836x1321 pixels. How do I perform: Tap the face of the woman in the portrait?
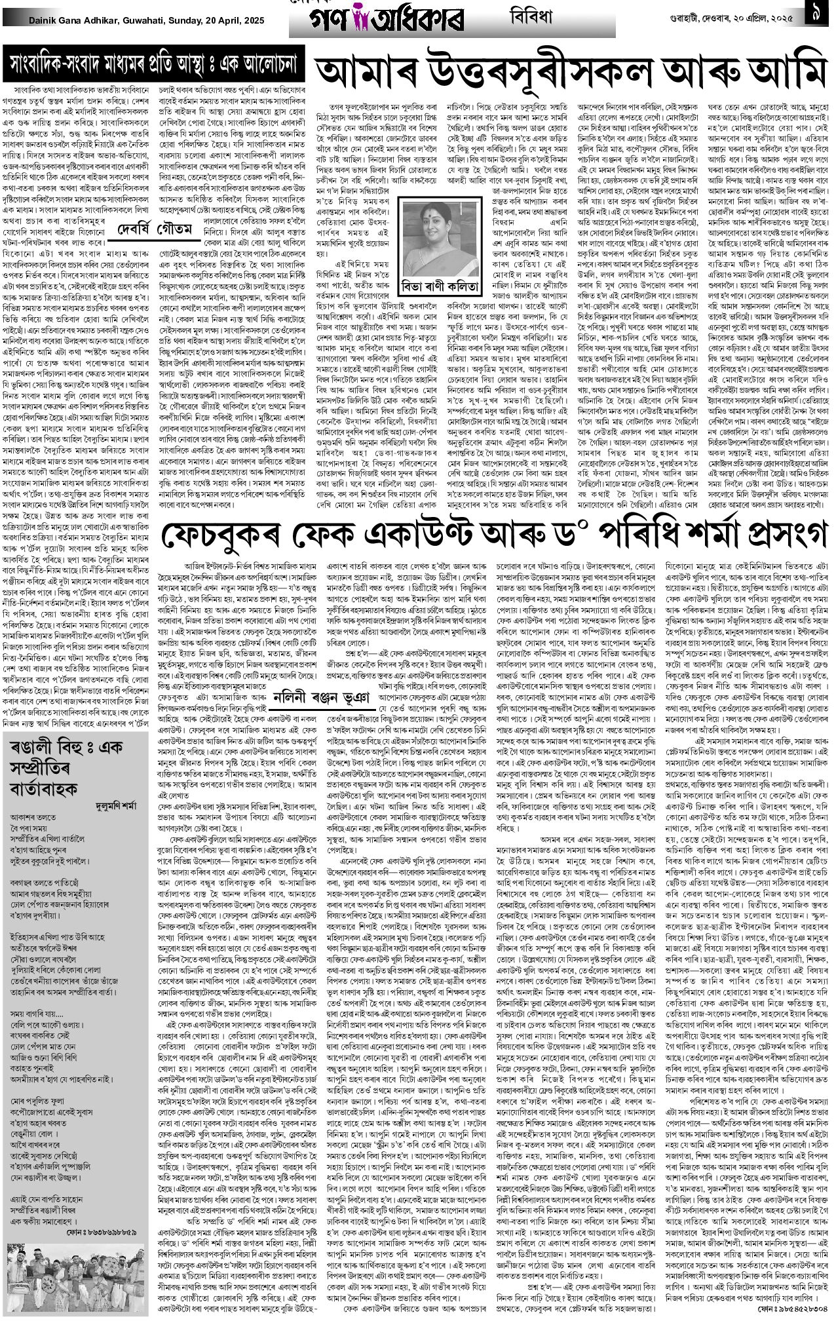[x=432, y=229]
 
